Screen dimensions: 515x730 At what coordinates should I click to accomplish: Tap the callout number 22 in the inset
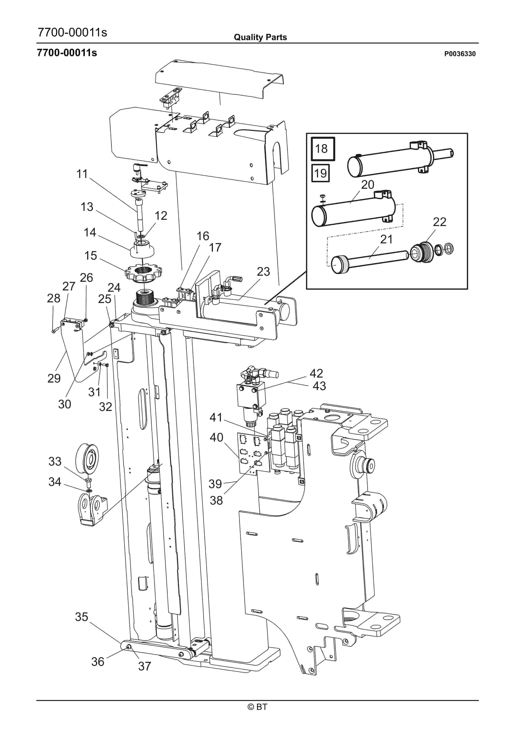[439, 222]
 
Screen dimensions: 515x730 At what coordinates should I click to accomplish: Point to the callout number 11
[82, 174]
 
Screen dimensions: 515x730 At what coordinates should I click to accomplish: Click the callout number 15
[90, 255]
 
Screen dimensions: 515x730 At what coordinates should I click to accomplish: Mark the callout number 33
[55, 461]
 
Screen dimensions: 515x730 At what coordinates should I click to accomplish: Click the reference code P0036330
[460, 54]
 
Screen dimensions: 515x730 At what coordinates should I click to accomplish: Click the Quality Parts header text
[260, 37]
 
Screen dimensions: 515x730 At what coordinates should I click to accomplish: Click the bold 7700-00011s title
[67, 52]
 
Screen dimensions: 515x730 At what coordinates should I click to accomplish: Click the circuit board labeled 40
[254, 453]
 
